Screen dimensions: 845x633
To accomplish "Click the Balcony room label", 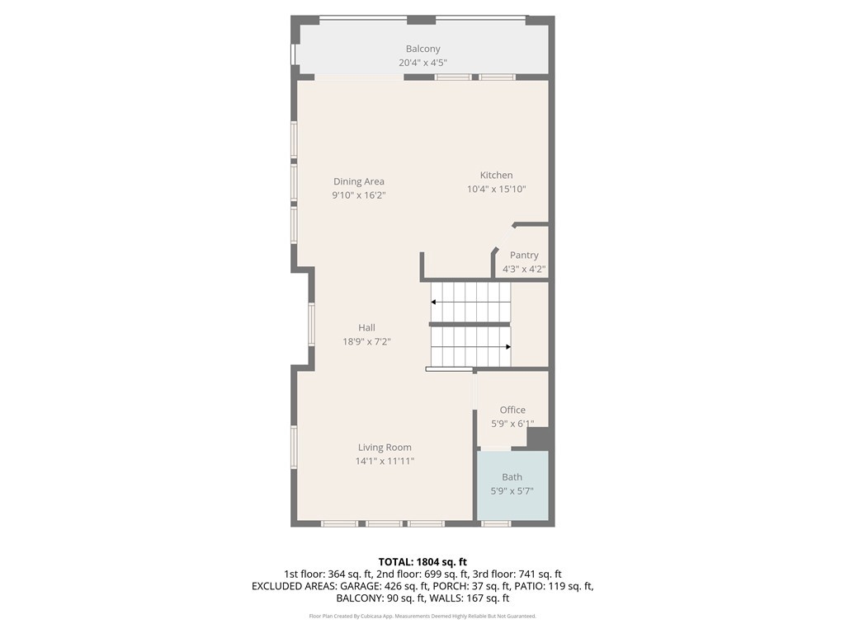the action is [423, 49].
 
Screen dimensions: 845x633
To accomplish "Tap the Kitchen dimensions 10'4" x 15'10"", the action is [496, 189].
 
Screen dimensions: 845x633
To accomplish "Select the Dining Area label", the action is [359, 181].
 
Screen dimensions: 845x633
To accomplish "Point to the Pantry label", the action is [524, 256].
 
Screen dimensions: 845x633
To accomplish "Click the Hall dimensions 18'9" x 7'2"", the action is [366, 341].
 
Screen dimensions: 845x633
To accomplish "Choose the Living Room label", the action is [385, 448].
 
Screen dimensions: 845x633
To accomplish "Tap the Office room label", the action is [512, 410].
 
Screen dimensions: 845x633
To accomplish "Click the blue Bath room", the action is [512, 485].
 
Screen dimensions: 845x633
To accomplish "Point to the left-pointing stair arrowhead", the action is [433, 302].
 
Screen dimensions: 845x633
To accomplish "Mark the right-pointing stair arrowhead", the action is [507, 347].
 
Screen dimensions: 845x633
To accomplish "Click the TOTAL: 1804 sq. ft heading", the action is [422, 562].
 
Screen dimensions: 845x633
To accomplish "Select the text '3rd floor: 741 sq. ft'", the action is [518, 574].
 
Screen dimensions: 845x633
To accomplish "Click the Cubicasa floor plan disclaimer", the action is [422, 617].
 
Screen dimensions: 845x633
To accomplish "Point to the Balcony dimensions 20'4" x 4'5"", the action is [423, 63].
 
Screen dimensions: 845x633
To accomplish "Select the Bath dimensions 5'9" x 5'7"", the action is [512, 491].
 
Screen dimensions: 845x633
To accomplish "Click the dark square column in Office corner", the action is [538, 438].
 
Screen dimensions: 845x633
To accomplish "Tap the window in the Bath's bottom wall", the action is [496, 523].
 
